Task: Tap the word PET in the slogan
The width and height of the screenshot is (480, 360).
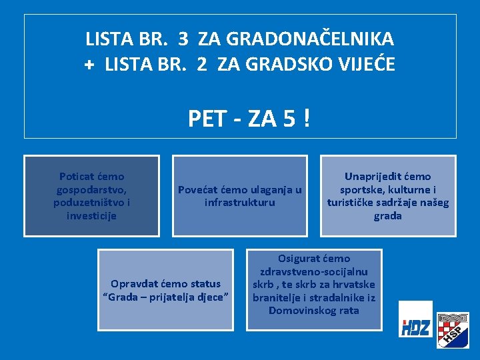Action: [207, 119]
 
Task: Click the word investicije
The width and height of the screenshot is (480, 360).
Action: [92, 215]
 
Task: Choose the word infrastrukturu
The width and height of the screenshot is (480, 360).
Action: [240, 202]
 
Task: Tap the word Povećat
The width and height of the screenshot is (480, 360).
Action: [197, 189]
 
